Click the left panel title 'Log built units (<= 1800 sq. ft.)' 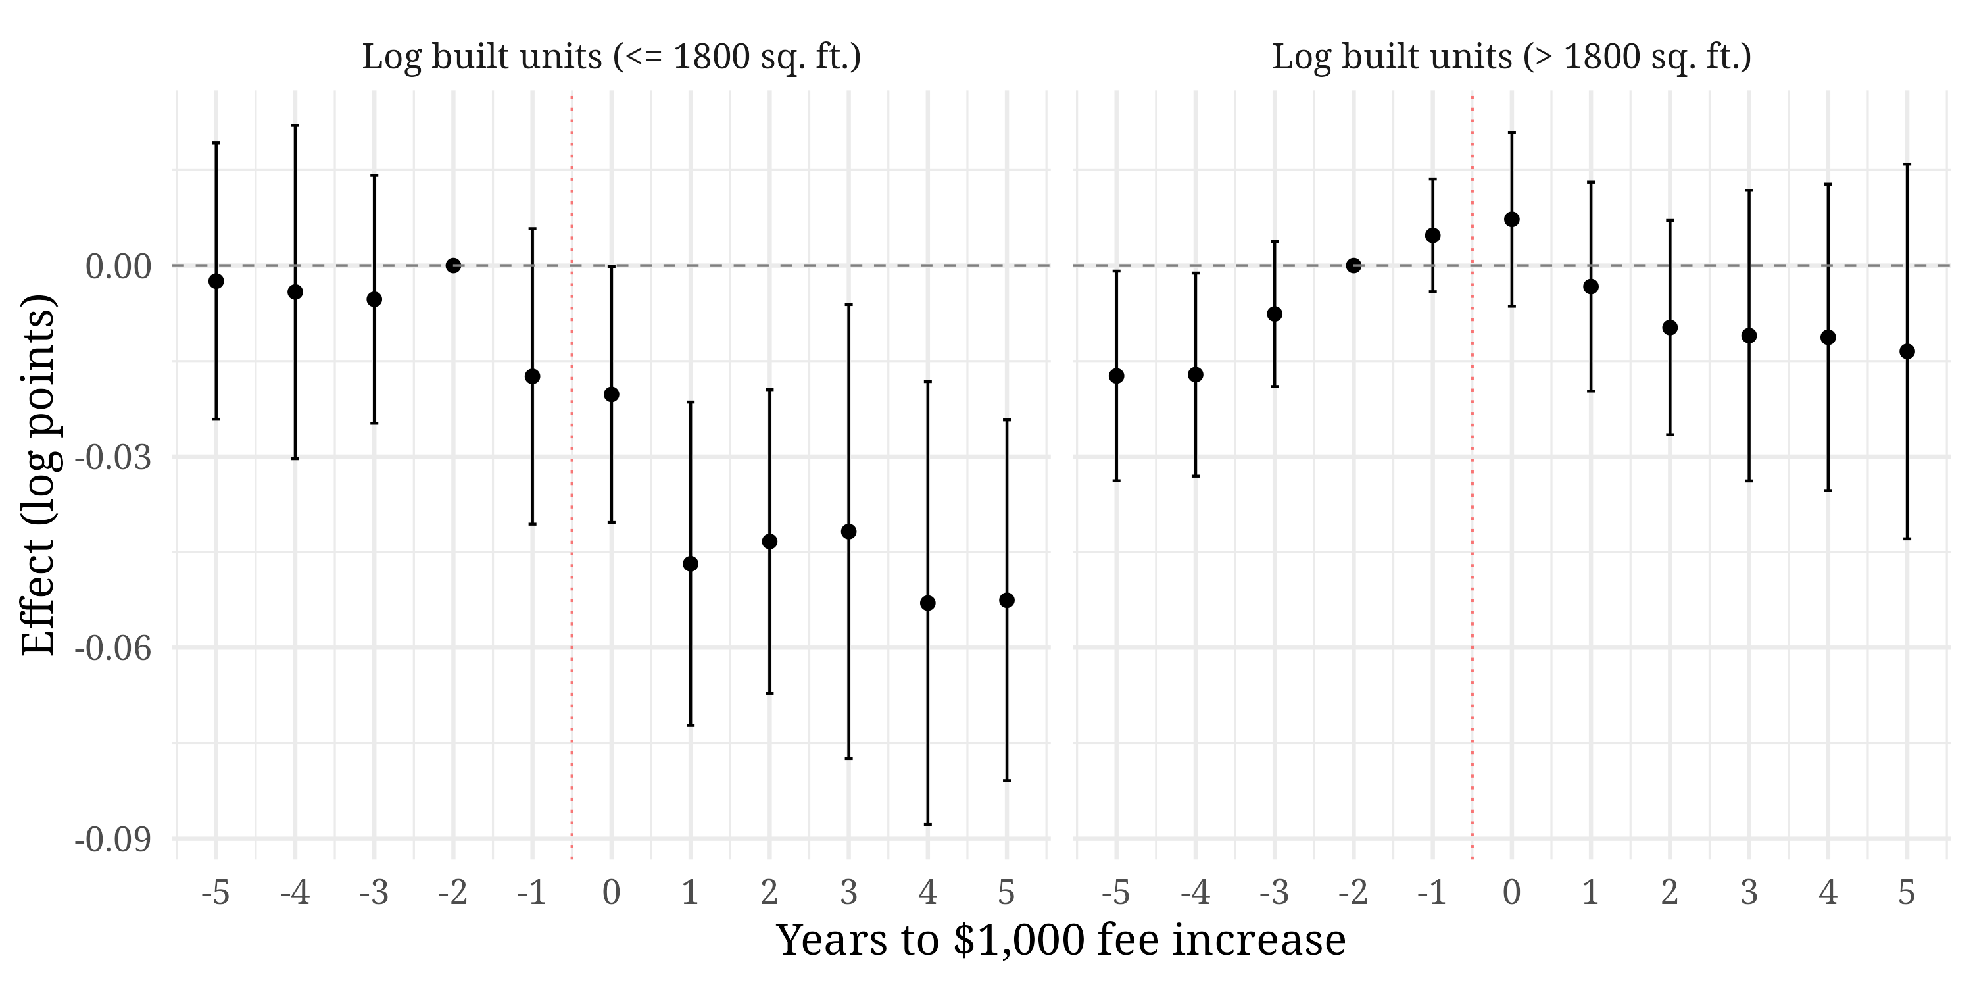coord(611,57)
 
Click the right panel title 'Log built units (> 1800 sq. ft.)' coord(1511,57)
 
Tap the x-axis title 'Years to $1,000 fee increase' coord(1061,940)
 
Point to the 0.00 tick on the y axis coord(119,266)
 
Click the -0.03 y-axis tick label coord(112,457)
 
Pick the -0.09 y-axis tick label coord(112,840)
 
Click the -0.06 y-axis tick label coord(112,648)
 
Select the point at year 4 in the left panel coord(927,603)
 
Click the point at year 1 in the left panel coord(690,564)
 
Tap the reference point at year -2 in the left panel coord(453,266)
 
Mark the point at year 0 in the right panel coord(1512,220)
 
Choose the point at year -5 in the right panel coord(1117,376)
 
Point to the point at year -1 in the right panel coord(1433,236)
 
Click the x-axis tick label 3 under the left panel coord(848,893)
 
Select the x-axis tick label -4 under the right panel coord(1195,893)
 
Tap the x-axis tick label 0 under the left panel coord(611,893)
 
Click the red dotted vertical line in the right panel coord(1472,536)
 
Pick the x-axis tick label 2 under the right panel coord(1670,893)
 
